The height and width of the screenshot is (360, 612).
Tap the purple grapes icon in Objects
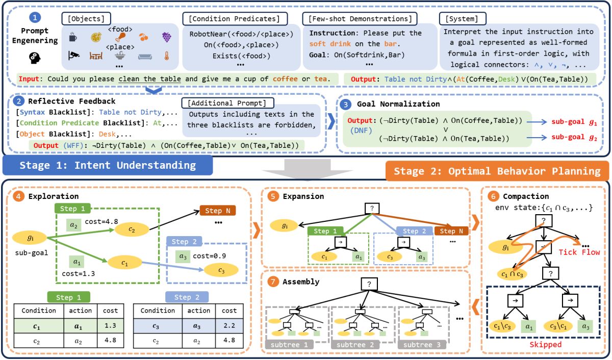(x=166, y=37)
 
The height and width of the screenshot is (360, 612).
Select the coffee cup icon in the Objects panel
(x=72, y=37)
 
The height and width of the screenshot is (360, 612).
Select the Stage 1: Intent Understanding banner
(x=107, y=165)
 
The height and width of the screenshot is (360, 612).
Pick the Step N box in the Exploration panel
(x=218, y=210)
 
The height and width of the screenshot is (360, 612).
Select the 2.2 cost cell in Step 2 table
(x=229, y=324)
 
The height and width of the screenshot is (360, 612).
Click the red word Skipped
(x=546, y=345)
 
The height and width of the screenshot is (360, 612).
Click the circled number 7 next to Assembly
(x=273, y=281)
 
